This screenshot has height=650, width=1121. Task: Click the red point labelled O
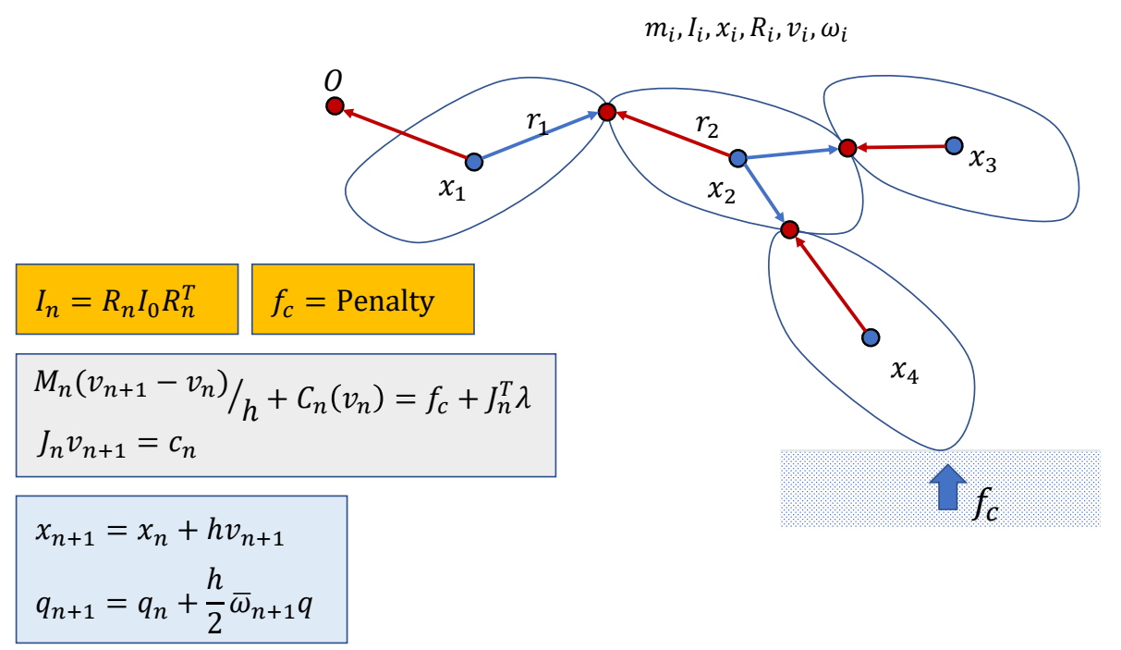pyautogui.click(x=335, y=106)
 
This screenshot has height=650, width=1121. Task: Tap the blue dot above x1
pyautogui.click(x=474, y=162)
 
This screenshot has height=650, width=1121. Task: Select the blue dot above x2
pyautogui.click(x=737, y=158)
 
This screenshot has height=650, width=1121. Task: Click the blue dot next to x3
pyautogui.click(x=955, y=145)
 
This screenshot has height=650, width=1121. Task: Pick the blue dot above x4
pyautogui.click(x=870, y=337)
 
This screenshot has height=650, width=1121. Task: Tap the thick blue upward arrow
pyautogui.click(x=946, y=488)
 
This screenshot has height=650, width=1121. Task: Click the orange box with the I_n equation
pyautogui.click(x=127, y=300)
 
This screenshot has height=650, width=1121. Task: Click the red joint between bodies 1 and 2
pyautogui.click(x=607, y=112)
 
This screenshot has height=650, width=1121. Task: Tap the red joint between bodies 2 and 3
pyautogui.click(x=847, y=147)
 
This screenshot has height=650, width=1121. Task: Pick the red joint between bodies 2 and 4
pyautogui.click(x=789, y=228)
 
